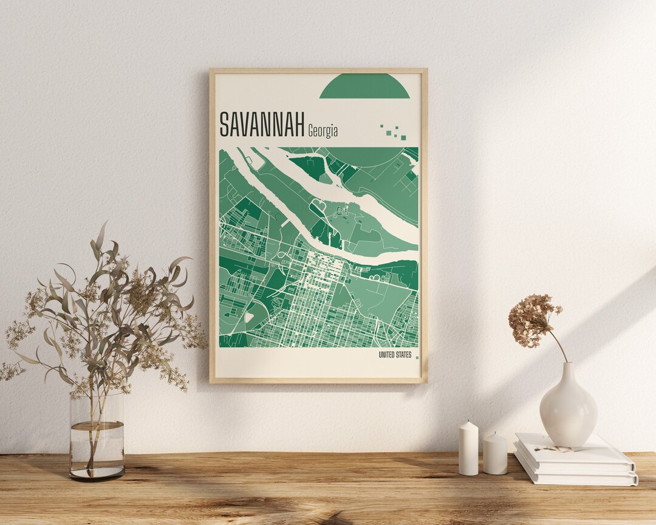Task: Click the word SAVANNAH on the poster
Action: [x=262, y=124]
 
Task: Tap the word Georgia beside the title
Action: [x=323, y=131]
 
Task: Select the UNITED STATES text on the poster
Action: [x=395, y=355]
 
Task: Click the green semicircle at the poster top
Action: [x=364, y=86]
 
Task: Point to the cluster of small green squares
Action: [x=394, y=132]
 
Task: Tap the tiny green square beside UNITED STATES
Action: [x=417, y=357]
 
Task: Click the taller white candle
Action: [x=468, y=450]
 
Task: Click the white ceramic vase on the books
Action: [x=568, y=407]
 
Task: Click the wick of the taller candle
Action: [x=468, y=420]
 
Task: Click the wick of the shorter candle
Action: [x=495, y=433]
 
